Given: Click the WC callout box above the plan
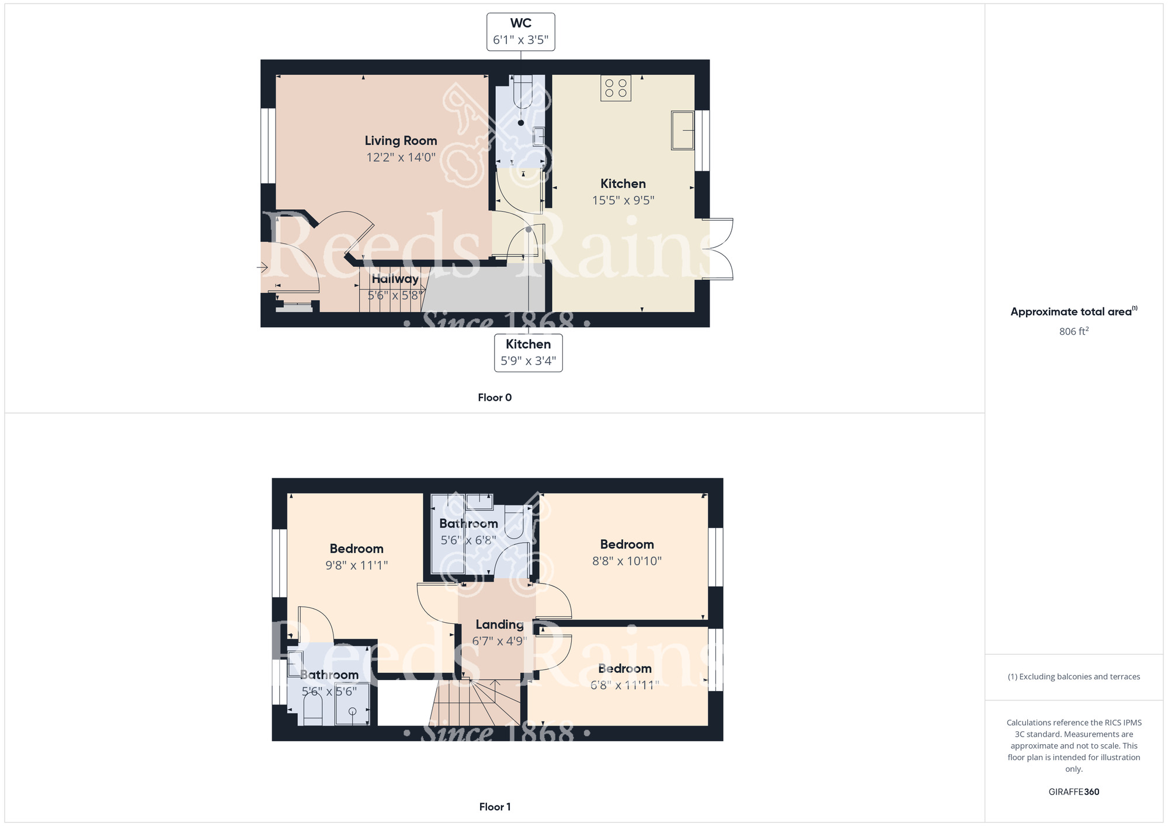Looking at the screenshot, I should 520,32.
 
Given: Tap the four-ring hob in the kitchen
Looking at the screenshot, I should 616,88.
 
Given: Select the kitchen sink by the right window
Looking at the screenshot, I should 682,130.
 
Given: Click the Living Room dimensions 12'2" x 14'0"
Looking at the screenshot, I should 401,157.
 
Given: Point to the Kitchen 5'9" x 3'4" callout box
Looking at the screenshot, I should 528,352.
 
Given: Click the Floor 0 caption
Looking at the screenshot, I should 494,397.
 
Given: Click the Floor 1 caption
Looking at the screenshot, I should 494,807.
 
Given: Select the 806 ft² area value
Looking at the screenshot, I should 1073,331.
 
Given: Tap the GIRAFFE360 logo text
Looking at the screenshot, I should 1073,792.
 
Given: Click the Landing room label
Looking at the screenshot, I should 499,624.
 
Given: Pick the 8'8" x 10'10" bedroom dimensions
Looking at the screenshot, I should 627,561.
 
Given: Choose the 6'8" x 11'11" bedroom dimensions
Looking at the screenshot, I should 624,685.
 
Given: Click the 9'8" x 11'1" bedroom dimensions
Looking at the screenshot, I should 356,565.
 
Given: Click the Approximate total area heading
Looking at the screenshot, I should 1073,311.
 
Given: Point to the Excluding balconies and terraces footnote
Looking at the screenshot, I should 1073,676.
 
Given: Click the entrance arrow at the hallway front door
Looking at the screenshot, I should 262,268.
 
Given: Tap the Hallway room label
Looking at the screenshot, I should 395,279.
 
